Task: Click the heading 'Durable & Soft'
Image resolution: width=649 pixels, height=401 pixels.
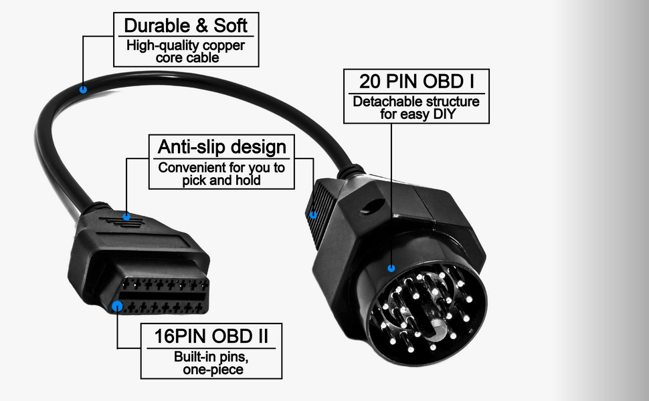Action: pos(185,27)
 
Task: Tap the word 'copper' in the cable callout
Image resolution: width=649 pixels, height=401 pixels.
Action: pos(223,46)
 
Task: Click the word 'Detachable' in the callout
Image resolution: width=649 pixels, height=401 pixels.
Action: pos(383,102)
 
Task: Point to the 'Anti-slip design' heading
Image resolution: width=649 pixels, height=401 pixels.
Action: pos(221,146)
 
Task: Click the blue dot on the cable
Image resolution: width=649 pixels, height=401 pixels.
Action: pos(83,89)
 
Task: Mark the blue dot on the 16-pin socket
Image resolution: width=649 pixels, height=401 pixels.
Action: pos(118,307)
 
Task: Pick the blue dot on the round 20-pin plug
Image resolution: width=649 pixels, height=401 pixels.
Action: pos(391,267)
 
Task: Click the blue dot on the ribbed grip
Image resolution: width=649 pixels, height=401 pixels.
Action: pos(313,215)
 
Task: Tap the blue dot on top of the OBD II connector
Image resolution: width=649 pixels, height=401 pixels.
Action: pos(126,217)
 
